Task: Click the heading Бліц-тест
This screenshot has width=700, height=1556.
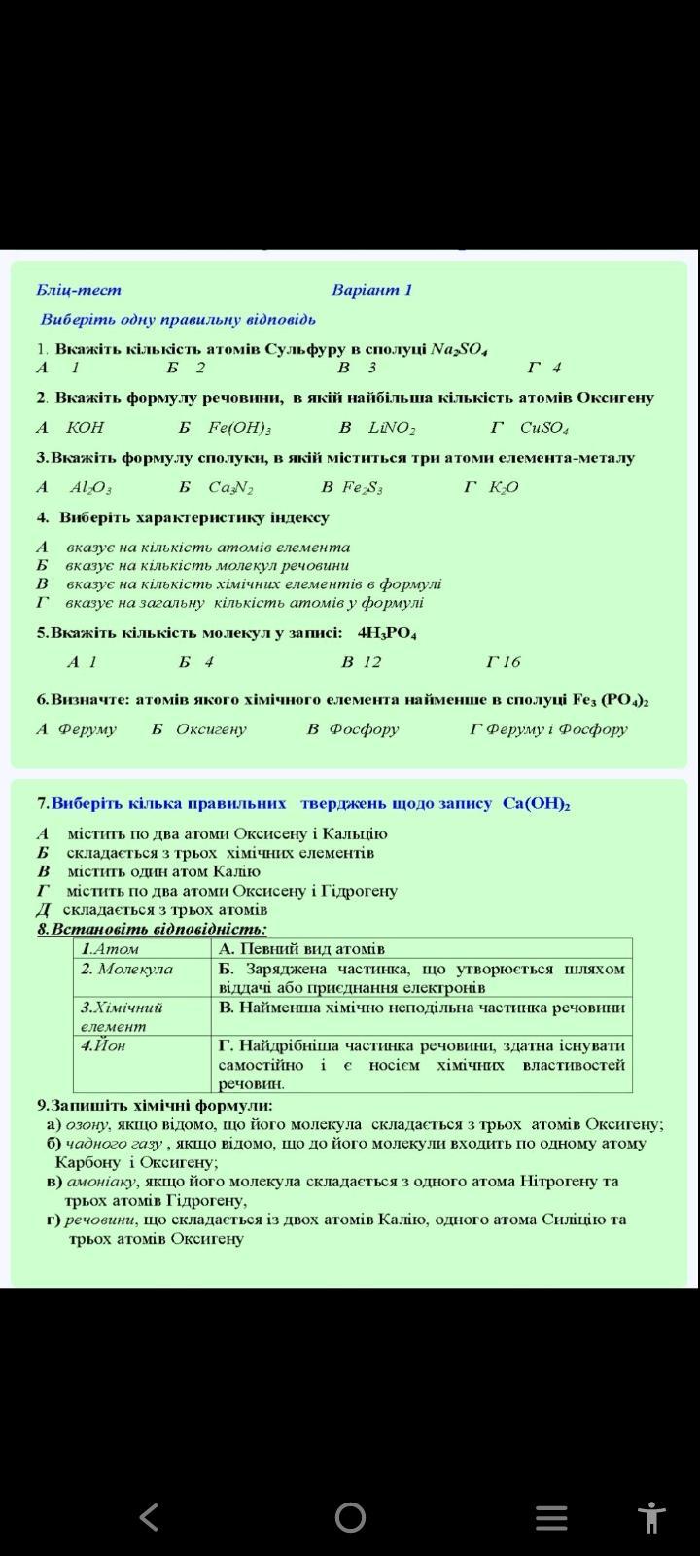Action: (x=79, y=290)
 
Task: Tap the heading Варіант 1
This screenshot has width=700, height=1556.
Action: (x=371, y=290)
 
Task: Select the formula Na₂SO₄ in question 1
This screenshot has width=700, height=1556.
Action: (x=459, y=349)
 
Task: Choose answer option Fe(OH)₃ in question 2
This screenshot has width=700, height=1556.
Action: (x=239, y=428)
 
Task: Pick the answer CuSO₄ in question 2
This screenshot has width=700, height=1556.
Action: (x=544, y=428)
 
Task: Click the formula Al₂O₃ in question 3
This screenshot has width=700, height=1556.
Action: (x=91, y=488)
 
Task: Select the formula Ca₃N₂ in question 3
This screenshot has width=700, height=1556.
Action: (x=230, y=488)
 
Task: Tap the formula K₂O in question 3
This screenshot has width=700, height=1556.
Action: (x=504, y=488)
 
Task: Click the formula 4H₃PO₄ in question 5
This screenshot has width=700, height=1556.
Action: (x=387, y=633)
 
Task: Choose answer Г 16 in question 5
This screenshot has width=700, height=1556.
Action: (x=504, y=662)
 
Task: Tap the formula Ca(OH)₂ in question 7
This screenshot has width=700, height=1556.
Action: (x=537, y=804)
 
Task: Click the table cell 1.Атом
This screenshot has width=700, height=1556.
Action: (x=110, y=949)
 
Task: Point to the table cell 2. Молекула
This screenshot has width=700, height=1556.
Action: (x=126, y=970)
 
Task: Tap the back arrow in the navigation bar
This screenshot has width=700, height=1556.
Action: (x=149, y=1516)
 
